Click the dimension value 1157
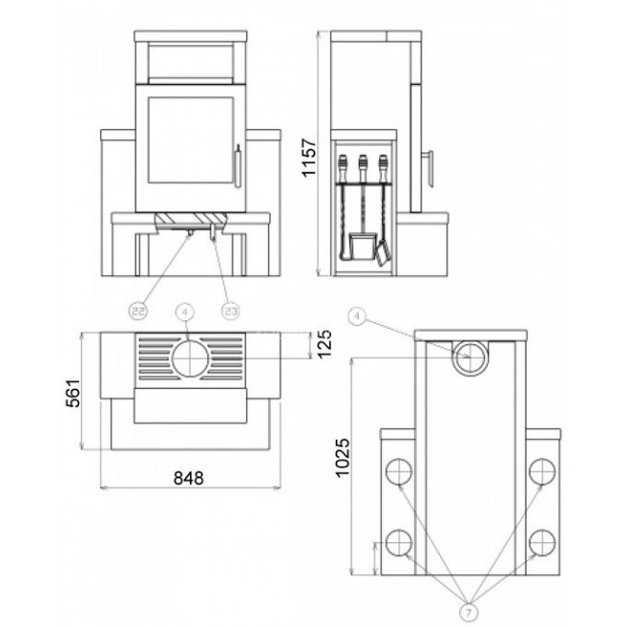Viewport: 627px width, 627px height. coord(309,157)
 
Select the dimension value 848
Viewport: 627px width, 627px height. coord(188,477)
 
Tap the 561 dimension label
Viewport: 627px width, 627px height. coord(72,393)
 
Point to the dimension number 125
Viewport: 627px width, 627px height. coord(324,343)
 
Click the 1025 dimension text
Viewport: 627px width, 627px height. coord(342,458)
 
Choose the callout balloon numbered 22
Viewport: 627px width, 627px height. coord(138,312)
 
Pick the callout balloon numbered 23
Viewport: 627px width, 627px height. coord(231,312)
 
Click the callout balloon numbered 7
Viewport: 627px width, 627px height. coord(469,612)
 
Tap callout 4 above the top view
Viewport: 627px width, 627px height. coord(184,313)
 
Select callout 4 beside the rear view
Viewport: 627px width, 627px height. coord(358,316)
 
